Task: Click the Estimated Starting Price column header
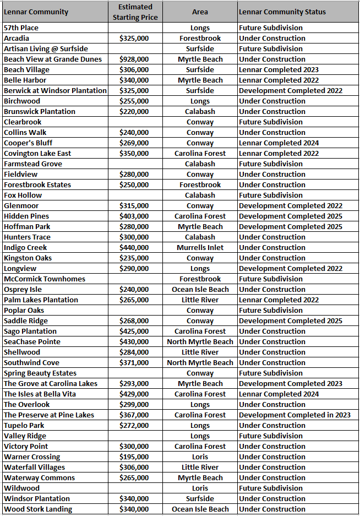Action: tap(135, 12)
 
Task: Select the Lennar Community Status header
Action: tap(282, 12)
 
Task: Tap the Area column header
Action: tap(200, 12)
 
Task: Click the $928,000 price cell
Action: tap(134, 59)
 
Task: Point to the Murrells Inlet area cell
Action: tap(200, 248)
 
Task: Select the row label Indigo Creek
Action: tap(25, 248)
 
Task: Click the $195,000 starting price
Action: tap(134, 457)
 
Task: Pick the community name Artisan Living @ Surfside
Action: tap(46, 49)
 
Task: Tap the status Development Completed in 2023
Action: tap(294, 415)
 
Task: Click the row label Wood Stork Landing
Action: tap(38, 509)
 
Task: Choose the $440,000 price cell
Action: tap(134, 248)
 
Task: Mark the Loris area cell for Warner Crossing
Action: tap(200, 457)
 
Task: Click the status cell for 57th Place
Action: tap(271, 28)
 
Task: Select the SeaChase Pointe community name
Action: tap(32, 342)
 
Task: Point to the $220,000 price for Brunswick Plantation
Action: tap(134, 112)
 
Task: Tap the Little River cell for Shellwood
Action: tap(200, 352)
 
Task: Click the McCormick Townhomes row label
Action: tap(45, 279)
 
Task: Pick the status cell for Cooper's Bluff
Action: tap(279, 143)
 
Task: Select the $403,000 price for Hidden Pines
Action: tap(134, 216)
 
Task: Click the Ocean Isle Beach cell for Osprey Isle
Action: tap(200, 290)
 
